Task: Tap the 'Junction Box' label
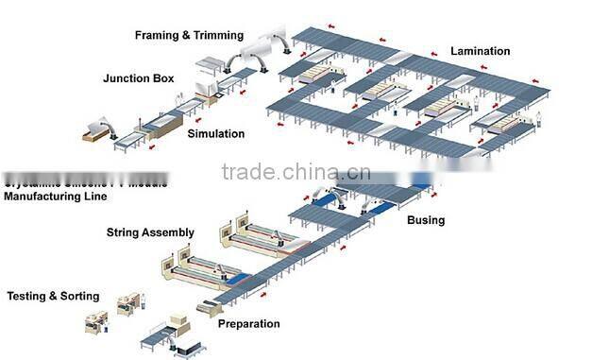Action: click(138, 78)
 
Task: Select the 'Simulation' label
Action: click(215, 134)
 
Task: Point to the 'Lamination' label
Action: click(480, 51)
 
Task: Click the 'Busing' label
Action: click(426, 220)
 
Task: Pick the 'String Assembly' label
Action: click(150, 232)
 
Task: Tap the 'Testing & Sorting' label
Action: click(53, 296)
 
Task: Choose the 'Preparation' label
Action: click(249, 324)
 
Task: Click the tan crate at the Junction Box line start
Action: click(93, 136)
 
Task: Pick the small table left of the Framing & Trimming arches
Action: click(206, 65)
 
